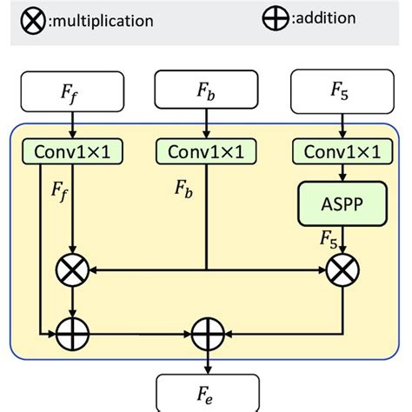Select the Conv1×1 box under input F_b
click(206, 151)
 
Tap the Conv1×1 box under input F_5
click(342, 151)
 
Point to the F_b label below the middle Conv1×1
click(183, 187)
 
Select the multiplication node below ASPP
click(342, 272)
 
